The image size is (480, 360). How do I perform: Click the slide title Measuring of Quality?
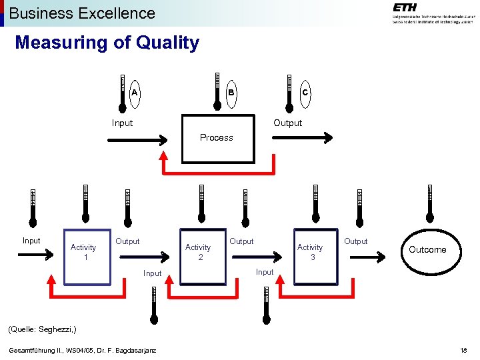pos(107,43)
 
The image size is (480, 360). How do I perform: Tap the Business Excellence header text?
pos(82,13)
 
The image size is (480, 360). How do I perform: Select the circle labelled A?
pos(135,93)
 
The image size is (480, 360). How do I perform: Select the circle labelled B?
pos(231,93)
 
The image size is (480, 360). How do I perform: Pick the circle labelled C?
pos(305,93)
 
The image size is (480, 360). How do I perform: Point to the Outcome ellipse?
pos(427,250)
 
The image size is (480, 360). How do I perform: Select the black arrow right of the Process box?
pos(301,138)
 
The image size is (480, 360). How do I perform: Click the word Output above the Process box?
pos(288,123)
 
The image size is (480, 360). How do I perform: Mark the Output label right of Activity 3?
pos(355,241)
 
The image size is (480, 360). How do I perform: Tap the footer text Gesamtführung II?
pos(82,351)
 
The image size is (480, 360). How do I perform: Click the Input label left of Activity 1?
pos(31,241)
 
